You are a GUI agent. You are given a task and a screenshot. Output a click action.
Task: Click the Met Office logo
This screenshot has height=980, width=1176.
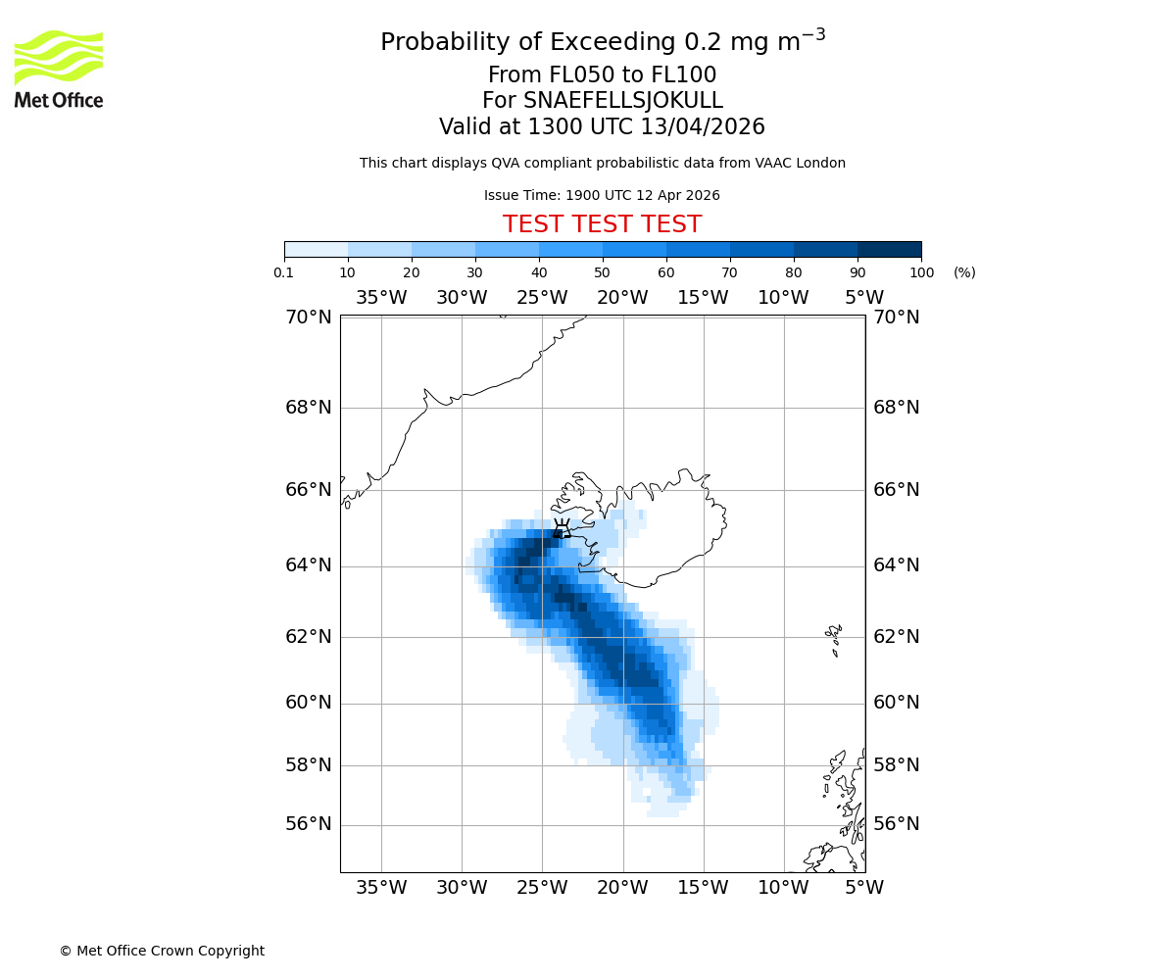click(59, 69)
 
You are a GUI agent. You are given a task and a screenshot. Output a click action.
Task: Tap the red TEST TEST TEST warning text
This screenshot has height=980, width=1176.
click(602, 224)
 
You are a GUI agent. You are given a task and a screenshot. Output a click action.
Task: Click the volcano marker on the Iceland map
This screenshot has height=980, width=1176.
click(562, 530)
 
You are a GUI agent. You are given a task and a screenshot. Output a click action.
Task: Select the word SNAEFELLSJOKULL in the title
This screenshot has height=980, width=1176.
click(623, 101)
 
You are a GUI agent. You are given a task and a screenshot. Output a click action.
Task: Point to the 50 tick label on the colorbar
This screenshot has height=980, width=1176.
click(603, 272)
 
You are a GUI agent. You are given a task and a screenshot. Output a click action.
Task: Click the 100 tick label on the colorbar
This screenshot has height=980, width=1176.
click(921, 272)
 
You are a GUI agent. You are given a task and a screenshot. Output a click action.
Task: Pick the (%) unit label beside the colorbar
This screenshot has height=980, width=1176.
click(964, 272)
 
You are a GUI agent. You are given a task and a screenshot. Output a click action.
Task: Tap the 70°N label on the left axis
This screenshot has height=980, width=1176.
click(309, 318)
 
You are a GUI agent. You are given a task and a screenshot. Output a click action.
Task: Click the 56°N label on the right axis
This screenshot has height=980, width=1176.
click(897, 824)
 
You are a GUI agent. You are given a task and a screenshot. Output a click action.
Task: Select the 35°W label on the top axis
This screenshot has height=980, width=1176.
click(381, 298)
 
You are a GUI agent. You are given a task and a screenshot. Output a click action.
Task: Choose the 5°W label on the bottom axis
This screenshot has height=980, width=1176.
click(864, 888)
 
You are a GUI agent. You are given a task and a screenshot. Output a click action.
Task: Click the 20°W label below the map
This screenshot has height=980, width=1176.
click(623, 888)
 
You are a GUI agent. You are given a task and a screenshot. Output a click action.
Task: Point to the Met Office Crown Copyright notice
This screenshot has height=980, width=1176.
click(162, 951)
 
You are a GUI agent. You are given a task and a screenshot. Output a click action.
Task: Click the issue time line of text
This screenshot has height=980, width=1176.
click(602, 195)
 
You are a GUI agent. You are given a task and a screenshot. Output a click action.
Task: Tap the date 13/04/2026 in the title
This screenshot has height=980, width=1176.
click(703, 127)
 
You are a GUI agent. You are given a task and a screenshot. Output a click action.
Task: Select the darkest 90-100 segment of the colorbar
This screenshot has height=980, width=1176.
click(889, 249)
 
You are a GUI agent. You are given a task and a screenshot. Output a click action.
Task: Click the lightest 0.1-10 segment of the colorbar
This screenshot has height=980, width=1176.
click(316, 249)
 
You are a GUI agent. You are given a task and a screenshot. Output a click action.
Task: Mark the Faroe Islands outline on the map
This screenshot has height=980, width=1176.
click(834, 639)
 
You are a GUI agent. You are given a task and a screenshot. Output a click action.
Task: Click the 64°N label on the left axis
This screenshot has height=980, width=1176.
click(309, 565)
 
